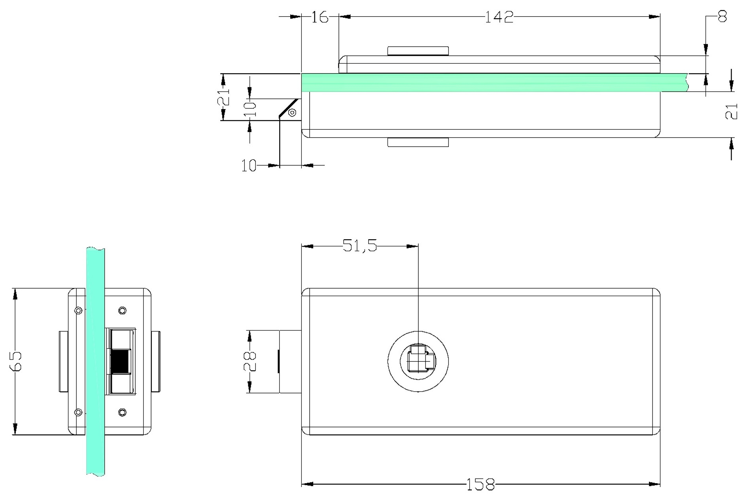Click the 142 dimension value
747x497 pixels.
pos(499,17)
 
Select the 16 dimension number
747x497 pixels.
pos(320,17)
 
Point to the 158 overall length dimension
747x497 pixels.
pos(480,484)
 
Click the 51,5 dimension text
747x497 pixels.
pos(359,246)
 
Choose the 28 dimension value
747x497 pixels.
pos(250,361)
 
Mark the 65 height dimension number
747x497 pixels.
pos(16,361)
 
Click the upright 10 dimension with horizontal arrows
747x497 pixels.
pos(249,166)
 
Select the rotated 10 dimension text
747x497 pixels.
pos(250,109)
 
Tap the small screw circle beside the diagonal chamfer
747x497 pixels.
pos(292,113)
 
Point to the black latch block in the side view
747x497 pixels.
pos(120,361)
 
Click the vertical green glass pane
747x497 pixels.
pos(95,361)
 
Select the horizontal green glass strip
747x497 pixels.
pos(494,83)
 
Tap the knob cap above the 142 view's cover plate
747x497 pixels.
pos(418,51)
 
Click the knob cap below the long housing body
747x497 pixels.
pos(418,142)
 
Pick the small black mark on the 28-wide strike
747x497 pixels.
pos(279,361)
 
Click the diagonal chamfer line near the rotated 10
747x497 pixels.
pos(289,108)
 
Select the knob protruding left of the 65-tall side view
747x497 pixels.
pos(63,361)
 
